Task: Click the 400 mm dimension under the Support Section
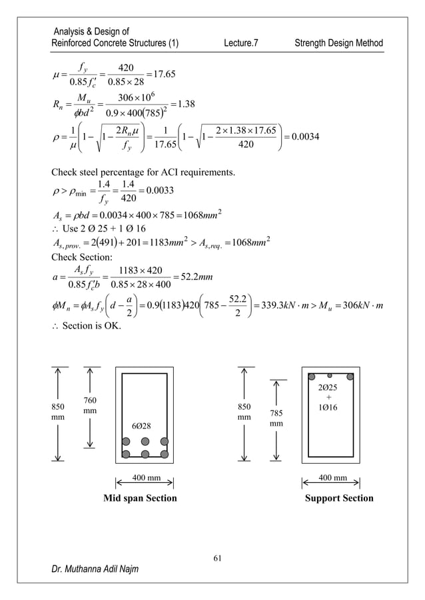(331, 477)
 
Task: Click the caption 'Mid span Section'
(139, 498)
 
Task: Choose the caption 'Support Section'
(338, 498)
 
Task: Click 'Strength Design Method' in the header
(339, 43)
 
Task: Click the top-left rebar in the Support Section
(312, 376)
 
